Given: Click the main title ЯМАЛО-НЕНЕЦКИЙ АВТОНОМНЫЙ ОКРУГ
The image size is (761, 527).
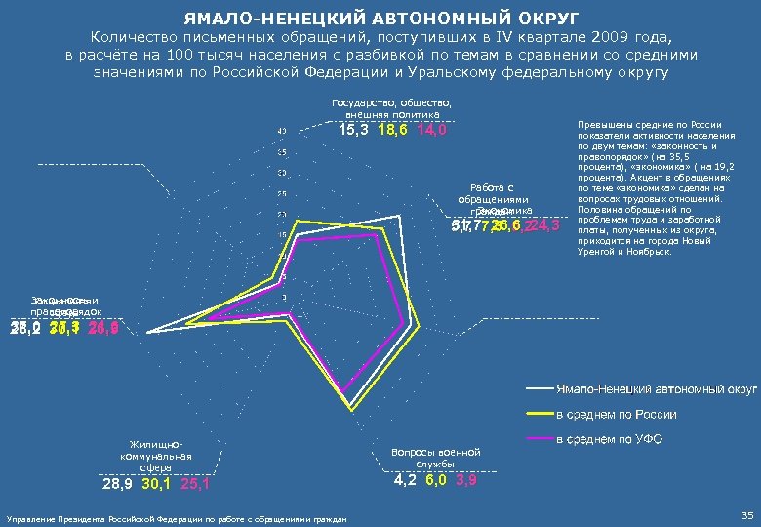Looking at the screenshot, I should tap(380, 18).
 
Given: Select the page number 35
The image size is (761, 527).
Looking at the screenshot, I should tap(747, 515).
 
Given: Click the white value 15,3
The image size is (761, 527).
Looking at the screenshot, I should tap(353, 131).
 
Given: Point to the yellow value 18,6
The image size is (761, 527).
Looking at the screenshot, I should tap(393, 131).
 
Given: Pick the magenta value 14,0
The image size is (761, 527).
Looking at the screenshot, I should tap(431, 131).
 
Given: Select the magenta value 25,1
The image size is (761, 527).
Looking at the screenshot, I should tap(195, 484).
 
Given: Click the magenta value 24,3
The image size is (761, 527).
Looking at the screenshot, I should tap(543, 226).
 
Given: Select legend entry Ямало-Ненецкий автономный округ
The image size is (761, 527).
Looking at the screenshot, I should tap(656, 389).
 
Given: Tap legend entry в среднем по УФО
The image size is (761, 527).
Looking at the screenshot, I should tap(608, 440).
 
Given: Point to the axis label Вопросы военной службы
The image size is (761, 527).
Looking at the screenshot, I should tap(436, 458).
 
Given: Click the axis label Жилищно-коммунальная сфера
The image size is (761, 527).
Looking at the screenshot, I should tap(155, 456).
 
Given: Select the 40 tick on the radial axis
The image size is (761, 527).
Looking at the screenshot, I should tap(281, 132).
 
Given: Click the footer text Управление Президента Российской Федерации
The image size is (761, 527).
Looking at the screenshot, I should tap(176, 518).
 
